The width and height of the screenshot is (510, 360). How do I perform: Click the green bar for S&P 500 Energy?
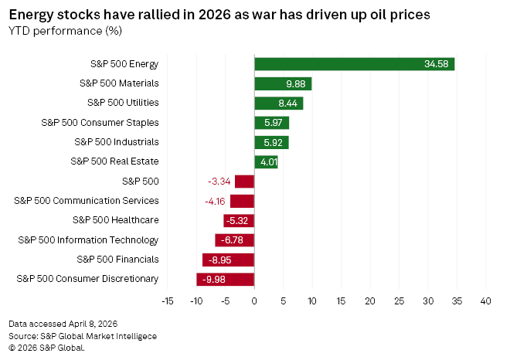[x=354, y=63]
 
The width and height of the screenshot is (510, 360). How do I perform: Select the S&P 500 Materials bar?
[x=283, y=83]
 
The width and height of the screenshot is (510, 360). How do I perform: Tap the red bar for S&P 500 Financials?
[x=228, y=260]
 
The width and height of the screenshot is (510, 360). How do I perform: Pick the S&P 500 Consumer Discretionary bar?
[x=225, y=279]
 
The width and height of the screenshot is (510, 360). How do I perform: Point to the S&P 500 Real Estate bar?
[x=266, y=161]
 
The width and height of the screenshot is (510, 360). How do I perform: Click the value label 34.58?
[x=437, y=63]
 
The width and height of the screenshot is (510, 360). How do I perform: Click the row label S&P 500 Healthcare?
[x=115, y=220]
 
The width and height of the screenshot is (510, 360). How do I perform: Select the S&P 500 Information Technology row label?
[x=88, y=239]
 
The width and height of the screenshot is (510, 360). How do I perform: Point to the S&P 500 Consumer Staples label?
[x=99, y=122]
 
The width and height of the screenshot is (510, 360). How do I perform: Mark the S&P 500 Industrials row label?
[x=117, y=141]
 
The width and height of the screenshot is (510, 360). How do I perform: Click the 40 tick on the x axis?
[x=486, y=299]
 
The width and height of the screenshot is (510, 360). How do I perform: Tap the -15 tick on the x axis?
[x=167, y=299]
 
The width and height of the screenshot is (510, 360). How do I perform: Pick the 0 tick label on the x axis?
[x=254, y=299]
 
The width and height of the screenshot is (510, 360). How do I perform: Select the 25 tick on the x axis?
[x=399, y=299]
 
